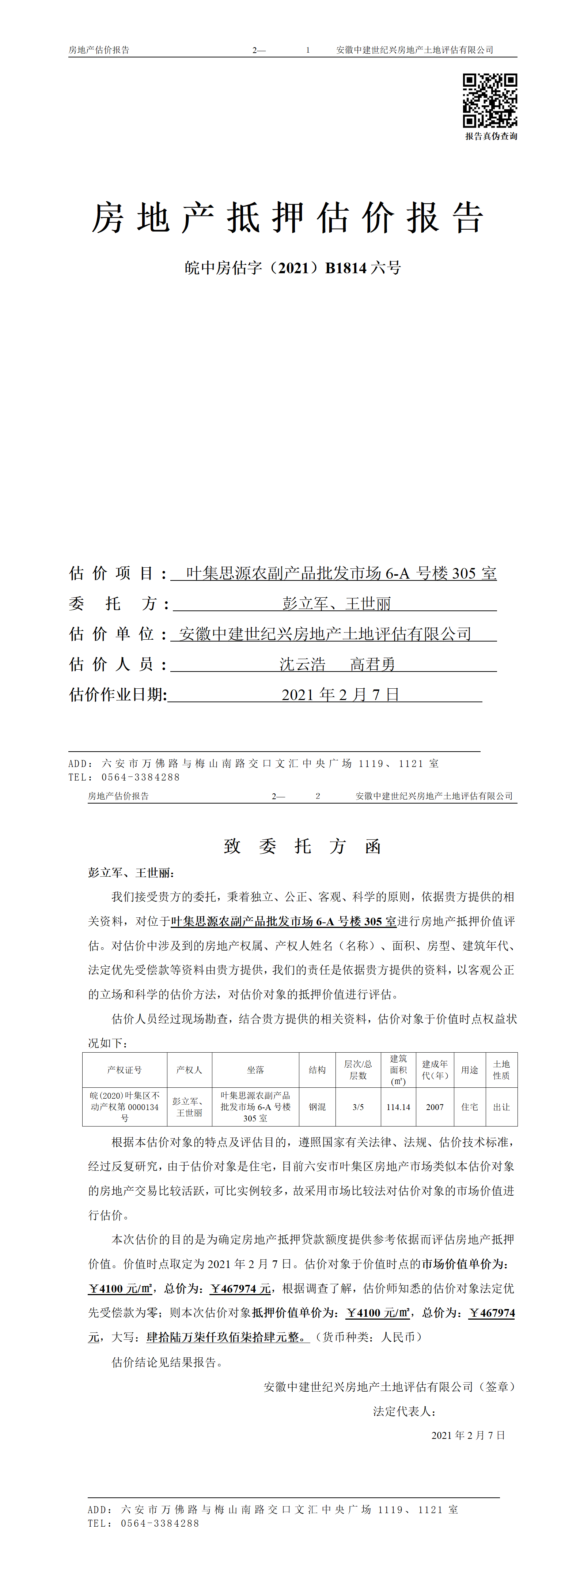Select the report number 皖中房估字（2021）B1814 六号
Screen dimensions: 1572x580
[293, 268]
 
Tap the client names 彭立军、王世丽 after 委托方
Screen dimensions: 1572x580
[337, 603]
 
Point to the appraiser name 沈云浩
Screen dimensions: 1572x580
[303, 664]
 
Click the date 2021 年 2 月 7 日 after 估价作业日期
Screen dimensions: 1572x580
[340, 695]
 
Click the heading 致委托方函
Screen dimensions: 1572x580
[303, 846]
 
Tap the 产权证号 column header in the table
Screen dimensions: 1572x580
[124, 1070]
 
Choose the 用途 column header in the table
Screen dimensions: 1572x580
[470, 1070]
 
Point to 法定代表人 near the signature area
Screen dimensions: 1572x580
[404, 1411]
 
